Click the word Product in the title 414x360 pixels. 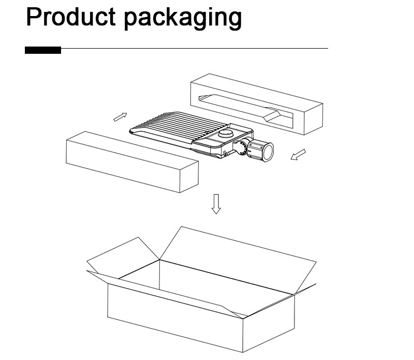(x=71, y=17)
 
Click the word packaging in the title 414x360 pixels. (x=183, y=19)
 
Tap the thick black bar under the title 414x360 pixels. (x=43, y=50)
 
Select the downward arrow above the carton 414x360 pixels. (x=216, y=204)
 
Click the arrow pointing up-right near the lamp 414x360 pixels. (x=121, y=117)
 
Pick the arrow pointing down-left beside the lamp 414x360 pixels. (x=298, y=155)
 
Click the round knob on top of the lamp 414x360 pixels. (x=225, y=133)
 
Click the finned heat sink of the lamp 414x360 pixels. (x=180, y=126)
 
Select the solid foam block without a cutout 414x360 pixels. (x=132, y=162)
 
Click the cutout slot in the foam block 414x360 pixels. (x=245, y=111)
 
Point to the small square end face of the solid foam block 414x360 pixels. (x=189, y=176)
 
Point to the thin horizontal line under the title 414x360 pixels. (x=195, y=48)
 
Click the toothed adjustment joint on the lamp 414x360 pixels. (x=240, y=148)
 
